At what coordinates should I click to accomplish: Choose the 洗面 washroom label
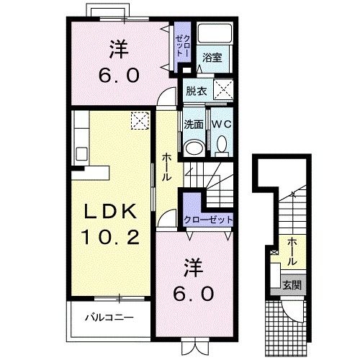[193, 123]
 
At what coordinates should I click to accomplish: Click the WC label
[220, 123]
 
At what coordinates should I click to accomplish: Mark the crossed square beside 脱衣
[224, 91]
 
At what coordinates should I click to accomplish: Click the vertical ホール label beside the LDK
[166, 167]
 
